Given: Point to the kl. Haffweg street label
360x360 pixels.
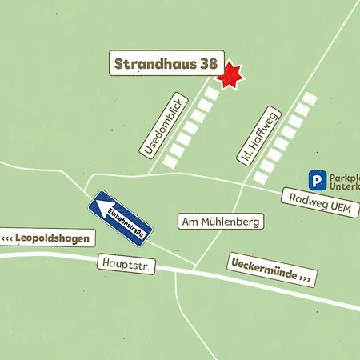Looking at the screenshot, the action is [x=259, y=136].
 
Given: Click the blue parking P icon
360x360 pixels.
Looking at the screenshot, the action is [x=318, y=182].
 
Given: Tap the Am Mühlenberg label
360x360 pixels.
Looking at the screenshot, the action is [x=220, y=221].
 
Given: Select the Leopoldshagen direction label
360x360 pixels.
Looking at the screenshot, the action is [x=47, y=238].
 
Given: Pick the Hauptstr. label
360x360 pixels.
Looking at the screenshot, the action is [x=126, y=263].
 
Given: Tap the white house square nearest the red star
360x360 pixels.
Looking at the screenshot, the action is [x=212, y=93].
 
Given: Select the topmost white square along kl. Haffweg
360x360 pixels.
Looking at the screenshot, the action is [x=310, y=98].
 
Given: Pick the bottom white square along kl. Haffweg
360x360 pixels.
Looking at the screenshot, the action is [x=261, y=177].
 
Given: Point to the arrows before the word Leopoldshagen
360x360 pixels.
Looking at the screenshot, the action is [x=10, y=238].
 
